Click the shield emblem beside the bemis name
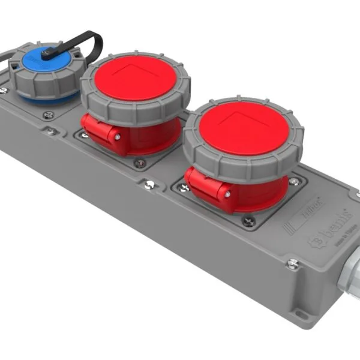click(314, 240)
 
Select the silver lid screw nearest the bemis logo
click(292, 263)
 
